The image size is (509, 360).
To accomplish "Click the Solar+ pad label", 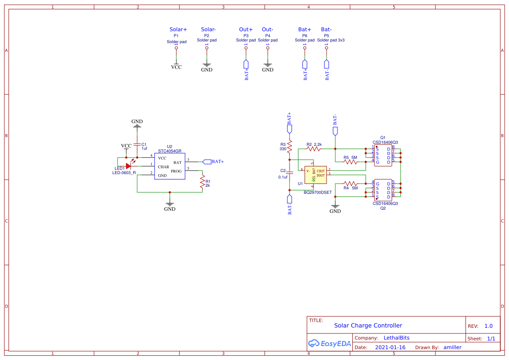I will (x=178, y=30).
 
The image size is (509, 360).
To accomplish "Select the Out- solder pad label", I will (x=267, y=30).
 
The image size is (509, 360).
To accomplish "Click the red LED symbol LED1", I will (x=128, y=165).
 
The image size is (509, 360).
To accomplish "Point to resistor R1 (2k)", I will (x=202, y=182).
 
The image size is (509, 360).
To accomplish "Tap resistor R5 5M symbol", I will (x=351, y=162).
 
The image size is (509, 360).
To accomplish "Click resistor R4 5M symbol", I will (x=351, y=183).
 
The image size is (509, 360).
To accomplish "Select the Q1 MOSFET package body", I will (x=383, y=155).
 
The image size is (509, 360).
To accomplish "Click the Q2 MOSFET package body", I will (x=383, y=190).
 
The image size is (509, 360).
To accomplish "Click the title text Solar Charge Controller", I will (x=368, y=326).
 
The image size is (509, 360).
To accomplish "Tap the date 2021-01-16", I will (x=390, y=347).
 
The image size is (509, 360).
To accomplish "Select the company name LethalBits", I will (x=396, y=338).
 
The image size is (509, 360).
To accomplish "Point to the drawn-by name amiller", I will (x=452, y=347).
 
